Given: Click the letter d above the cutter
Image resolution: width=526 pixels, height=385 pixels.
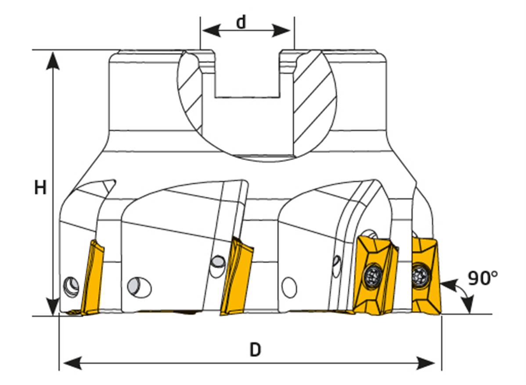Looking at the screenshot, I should (241, 22).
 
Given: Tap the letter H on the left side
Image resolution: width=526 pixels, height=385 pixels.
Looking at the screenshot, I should (40, 188).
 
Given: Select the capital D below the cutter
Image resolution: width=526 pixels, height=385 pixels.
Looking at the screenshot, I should (255, 350).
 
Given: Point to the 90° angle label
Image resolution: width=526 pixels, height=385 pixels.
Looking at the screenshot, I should (482, 278).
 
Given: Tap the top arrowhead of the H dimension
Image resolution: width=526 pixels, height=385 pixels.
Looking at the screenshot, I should (53, 59).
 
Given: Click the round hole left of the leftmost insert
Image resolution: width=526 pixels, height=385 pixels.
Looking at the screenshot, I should (71, 287).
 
